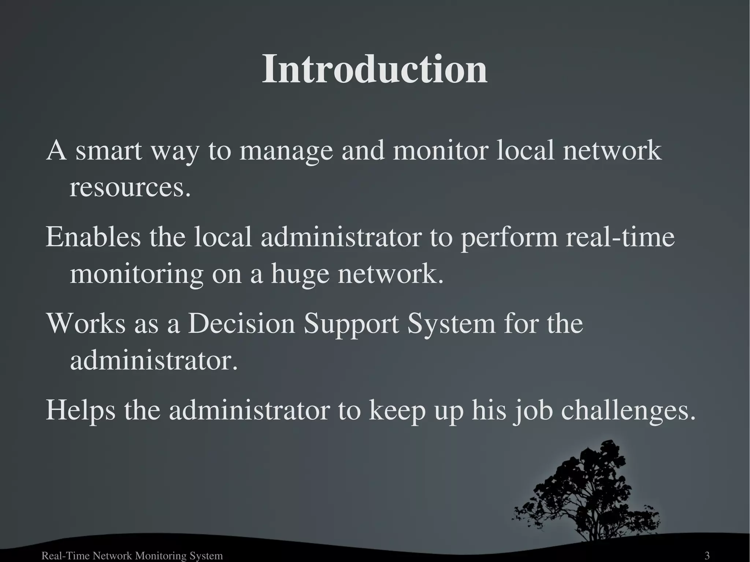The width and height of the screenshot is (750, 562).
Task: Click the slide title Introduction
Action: pos(375,69)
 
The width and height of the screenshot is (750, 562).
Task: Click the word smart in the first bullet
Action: pos(109,150)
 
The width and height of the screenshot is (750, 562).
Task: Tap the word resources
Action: pos(130,188)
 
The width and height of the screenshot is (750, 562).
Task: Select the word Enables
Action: pos(93,237)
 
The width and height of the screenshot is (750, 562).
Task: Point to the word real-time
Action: pos(620,237)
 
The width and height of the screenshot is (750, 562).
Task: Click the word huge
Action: pos(300,275)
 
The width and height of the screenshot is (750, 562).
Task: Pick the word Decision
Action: pos(241,324)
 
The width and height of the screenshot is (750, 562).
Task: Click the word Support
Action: pos(352,324)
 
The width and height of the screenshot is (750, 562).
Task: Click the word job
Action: pos(533,410)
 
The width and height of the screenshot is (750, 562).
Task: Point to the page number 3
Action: pos(707,556)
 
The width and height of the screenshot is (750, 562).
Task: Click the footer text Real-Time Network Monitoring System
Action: pos(132,556)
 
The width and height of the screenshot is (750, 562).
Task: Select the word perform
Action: pos(509,237)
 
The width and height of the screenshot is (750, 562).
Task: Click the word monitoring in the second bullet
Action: pos(136,275)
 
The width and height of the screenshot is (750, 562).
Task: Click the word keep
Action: pos(397,410)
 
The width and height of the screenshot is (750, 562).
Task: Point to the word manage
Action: pos(286,150)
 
